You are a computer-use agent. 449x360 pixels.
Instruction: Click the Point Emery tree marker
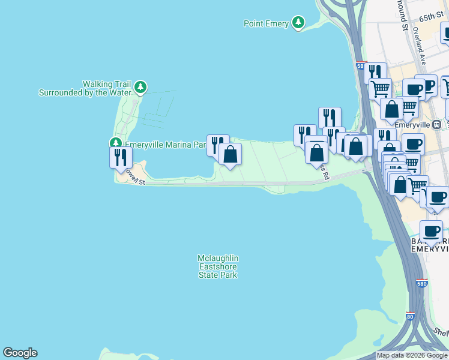pyautogui.click(x=298, y=23)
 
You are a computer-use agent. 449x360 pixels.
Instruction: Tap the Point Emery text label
pyautogui.click(x=267, y=24)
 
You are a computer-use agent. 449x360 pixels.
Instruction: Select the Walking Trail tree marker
pyautogui.click(x=140, y=88)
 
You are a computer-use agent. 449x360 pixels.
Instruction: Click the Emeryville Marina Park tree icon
pyautogui.click(x=115, y=143)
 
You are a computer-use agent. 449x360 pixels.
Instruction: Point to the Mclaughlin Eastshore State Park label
pyautogui.click(x=217, y=266)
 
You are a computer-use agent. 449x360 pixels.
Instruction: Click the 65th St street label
pyautogui.click(x=430, y=19)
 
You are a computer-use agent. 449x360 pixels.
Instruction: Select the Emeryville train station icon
pyautogui.click(x=436, y=124)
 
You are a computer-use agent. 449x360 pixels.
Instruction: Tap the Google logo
pyautogui.click(x=20, y=353)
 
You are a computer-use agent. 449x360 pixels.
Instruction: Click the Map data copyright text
pyautogui.click(x=412, y=356)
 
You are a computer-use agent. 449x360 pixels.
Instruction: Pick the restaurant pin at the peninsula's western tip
pyautogui.click(x=121, y=157)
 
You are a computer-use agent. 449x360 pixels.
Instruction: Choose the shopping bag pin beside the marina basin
pyautogui.click(x=231, y=154)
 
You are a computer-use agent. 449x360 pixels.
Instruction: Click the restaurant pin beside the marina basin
pyautogui.click(x=217, y=145)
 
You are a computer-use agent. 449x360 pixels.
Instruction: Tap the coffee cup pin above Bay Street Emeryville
pyautogui.click(x=430, y=231)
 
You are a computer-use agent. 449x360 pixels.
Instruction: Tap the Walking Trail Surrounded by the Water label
pyautogui.click(x=85, y=88)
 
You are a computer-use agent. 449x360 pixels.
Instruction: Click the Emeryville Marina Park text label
pyautogui.click(x=165, y=145)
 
